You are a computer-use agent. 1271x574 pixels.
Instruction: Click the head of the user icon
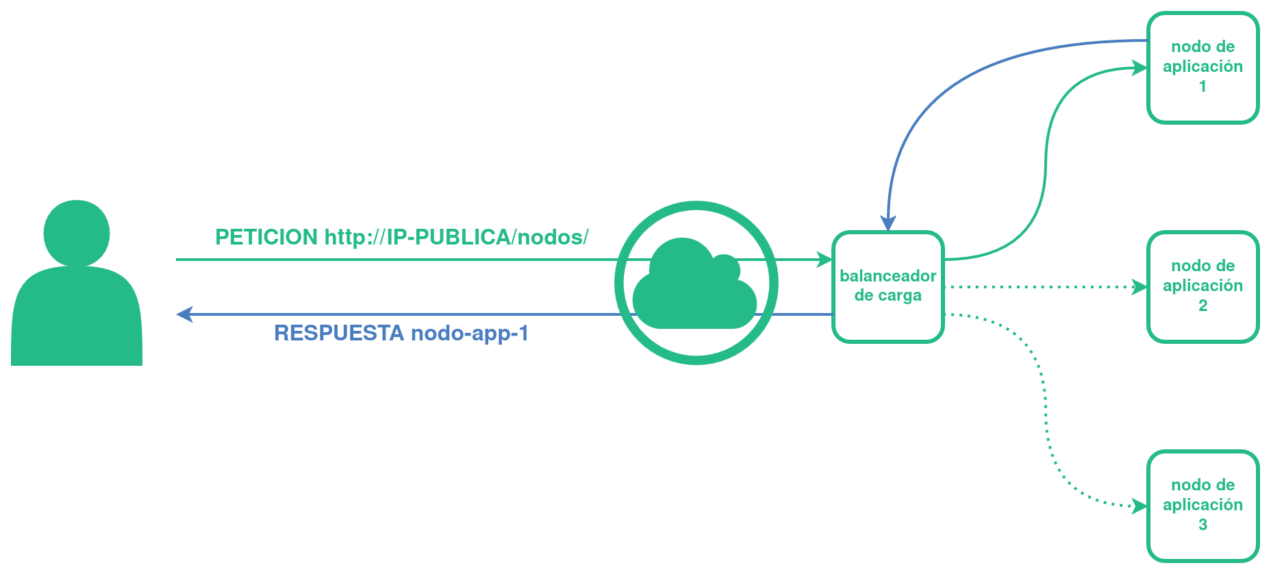(x=77, y=232)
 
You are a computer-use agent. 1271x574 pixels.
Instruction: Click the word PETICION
(x=266, y=237)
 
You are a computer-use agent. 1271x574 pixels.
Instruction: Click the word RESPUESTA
(x=339, y=333)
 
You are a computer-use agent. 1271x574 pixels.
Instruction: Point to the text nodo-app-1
(x=470, y=334)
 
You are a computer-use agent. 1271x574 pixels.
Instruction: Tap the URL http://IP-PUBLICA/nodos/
(x=457, y=237)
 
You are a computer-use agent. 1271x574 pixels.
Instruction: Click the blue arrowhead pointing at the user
(x=184, y=314)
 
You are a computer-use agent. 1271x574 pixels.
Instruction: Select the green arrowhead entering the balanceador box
(x=825, y=260)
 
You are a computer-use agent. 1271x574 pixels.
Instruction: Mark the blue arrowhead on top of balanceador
(x=888, y=224)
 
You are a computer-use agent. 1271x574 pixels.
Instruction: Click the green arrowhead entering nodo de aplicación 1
(x=1140, y=68)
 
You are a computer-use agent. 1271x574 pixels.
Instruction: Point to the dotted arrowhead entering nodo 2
(x=1140, y=287)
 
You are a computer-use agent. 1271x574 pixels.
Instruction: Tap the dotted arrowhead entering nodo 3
(x=1140, y=506)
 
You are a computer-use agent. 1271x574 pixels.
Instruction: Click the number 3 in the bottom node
(x=1203, y=525)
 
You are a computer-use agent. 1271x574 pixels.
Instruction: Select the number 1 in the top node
(x=1203, y=86)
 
